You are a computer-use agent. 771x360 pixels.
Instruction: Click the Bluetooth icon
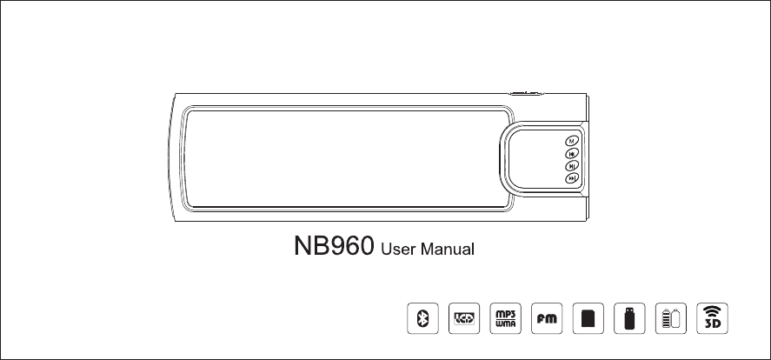coord(423,318)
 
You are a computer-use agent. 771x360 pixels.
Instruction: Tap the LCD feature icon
coord(464,318)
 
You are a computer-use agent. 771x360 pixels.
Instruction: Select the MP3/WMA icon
coord(505,318)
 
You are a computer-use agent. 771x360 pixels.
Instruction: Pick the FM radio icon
coord(546,318)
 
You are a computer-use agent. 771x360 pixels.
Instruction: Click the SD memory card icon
coord(587,318)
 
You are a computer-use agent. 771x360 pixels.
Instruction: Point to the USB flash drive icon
coord(628,318)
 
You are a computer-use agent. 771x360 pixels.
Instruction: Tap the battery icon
coord(670,318)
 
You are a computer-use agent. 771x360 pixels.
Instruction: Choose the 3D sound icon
coord(713,318)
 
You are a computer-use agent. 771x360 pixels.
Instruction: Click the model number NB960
coord(332,250)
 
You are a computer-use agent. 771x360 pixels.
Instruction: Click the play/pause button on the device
coord(572,165)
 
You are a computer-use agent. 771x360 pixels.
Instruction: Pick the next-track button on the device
coord(572,178)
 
